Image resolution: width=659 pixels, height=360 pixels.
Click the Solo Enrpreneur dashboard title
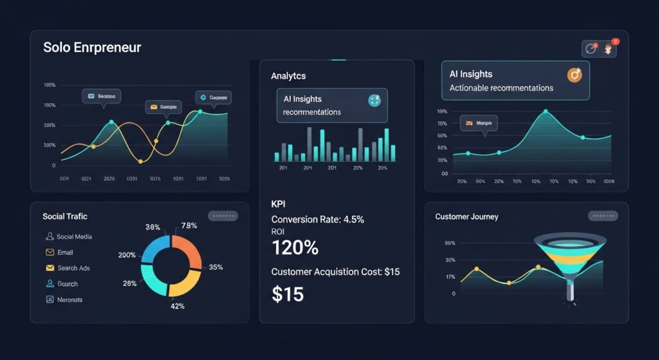point(92,48)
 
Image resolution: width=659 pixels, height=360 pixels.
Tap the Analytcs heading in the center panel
point(288,76)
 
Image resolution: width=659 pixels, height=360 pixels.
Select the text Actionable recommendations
point(501,88)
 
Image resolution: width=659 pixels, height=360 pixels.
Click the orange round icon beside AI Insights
point(575,75)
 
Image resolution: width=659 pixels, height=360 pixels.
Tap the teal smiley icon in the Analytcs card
point(374,100)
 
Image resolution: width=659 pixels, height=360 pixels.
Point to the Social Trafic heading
point(65,216)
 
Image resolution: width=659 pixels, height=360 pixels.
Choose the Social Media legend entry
point(73,236)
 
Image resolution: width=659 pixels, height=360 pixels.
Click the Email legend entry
point(64,252)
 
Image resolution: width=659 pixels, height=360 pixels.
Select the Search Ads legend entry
point(73,268)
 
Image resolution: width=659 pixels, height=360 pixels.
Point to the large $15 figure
point(288,294)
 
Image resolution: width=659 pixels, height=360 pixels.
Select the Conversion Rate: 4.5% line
point(318,220)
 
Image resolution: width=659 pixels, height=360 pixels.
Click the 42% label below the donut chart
point(177,306)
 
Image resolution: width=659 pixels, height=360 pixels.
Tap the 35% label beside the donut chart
point(216,267)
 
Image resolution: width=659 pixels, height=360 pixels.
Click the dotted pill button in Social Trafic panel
point(223,216)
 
